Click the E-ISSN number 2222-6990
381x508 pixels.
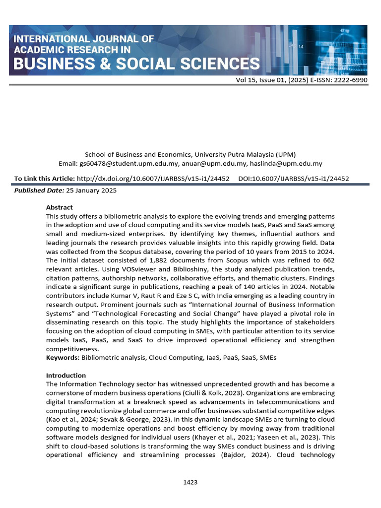[350, 79]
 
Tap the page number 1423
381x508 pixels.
[190, 482]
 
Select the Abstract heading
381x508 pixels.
[59, 207]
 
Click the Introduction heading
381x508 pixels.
[65, 376]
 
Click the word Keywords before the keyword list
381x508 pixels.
[63, 358]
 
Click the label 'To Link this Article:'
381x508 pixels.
[45, 179]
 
